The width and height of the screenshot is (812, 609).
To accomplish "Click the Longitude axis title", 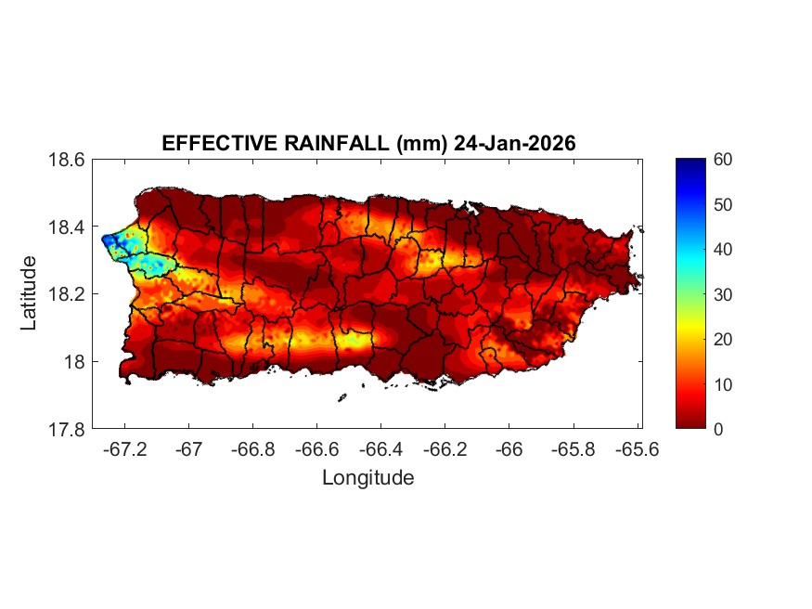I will click(367, 478).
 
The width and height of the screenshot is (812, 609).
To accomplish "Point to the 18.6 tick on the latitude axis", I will click(68, 160).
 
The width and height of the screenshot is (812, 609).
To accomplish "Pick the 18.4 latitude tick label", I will click(68, 227).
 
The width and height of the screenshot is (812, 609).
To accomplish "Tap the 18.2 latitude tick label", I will click(68, 294).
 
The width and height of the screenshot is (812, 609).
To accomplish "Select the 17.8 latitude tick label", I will click(68, 429).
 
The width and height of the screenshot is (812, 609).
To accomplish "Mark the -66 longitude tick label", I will click(509, 449).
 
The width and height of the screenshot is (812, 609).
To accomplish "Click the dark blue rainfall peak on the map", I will click(109, 240).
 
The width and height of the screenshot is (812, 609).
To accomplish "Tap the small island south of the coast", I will click(342, 397).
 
